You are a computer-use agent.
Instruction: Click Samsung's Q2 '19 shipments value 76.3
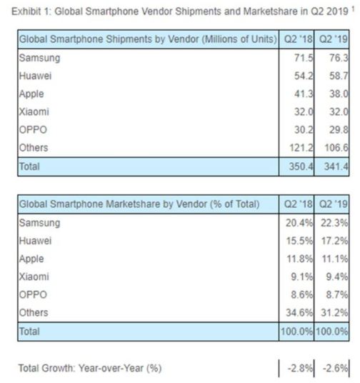pyautogui.click(x=339, y=58)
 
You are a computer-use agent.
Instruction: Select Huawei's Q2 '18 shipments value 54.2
pyautogui.click(x=304, y=76)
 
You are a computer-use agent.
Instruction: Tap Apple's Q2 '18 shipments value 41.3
pyautogui.click(x=304, y=94)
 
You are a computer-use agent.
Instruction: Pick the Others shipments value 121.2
pyautogui.click(x=301, y=147)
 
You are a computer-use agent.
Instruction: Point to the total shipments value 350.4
pyautogui.click(x=301, y=166)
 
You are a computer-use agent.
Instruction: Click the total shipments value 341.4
pyautogui.click(x=336, y=166)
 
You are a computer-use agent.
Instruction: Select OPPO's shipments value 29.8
pyautogui.click(x=339, y=130)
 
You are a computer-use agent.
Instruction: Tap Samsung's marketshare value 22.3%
pyautogui.click(x=334, y=223)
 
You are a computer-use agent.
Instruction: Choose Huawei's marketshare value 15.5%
pyautogui.click(x=299, y=241)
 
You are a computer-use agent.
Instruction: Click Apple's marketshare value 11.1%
pyautogui.click(x=334, y=259)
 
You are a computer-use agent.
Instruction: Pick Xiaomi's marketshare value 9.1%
pyautogui.click(x=302, y=277)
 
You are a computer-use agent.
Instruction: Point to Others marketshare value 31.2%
pyautogui.click(x=334, y=313)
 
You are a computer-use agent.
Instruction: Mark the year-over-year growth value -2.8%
pyautogui.click(x=300, y=368)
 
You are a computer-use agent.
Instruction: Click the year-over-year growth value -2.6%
pyautogui.click(x=335, y=368)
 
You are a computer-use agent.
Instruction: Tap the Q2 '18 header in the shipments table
pyautogui.click(x=298, y=39)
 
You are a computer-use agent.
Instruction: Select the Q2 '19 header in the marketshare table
pyautogui.click(x=334, y=204)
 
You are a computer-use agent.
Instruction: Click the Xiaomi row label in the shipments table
pyautogui.click(x=34, y=112)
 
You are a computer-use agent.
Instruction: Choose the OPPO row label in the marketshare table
pyautogui.click(x=33, y=294)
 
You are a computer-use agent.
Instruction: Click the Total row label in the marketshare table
pyautogui.click(x=29, y=332)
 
